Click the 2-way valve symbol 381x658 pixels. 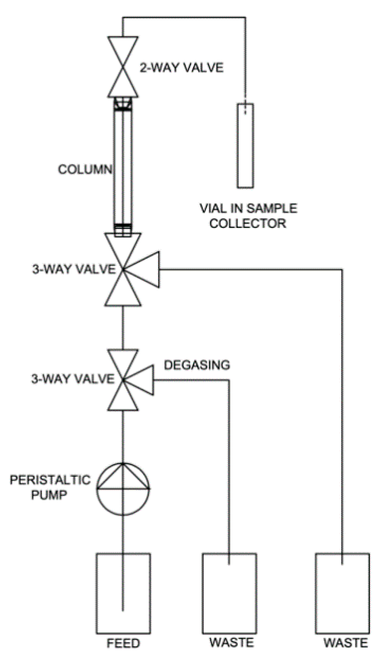(x=123, y=66)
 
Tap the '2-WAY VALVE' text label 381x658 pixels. (x=181, y=68)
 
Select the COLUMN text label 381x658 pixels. (x=85, y=169)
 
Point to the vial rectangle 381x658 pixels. (x=245, y=145)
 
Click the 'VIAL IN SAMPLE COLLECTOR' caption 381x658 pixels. (x=248, y=216)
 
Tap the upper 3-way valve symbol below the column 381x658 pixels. (x=123, y=269)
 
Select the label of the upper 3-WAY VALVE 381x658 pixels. (x=73, y=269)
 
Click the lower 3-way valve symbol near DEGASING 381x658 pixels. (x=123, y=380)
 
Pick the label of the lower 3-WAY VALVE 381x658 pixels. (x=73, y=379)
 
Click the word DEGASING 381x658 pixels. (x=197, y=365)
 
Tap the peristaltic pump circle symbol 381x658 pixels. (x=123, y=488)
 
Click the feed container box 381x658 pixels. (x=123, y=593)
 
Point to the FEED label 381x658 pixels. (x=123, y=643)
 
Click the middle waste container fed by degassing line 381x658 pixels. (x=229, y=593)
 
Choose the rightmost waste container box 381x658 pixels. (x=342, y=593)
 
